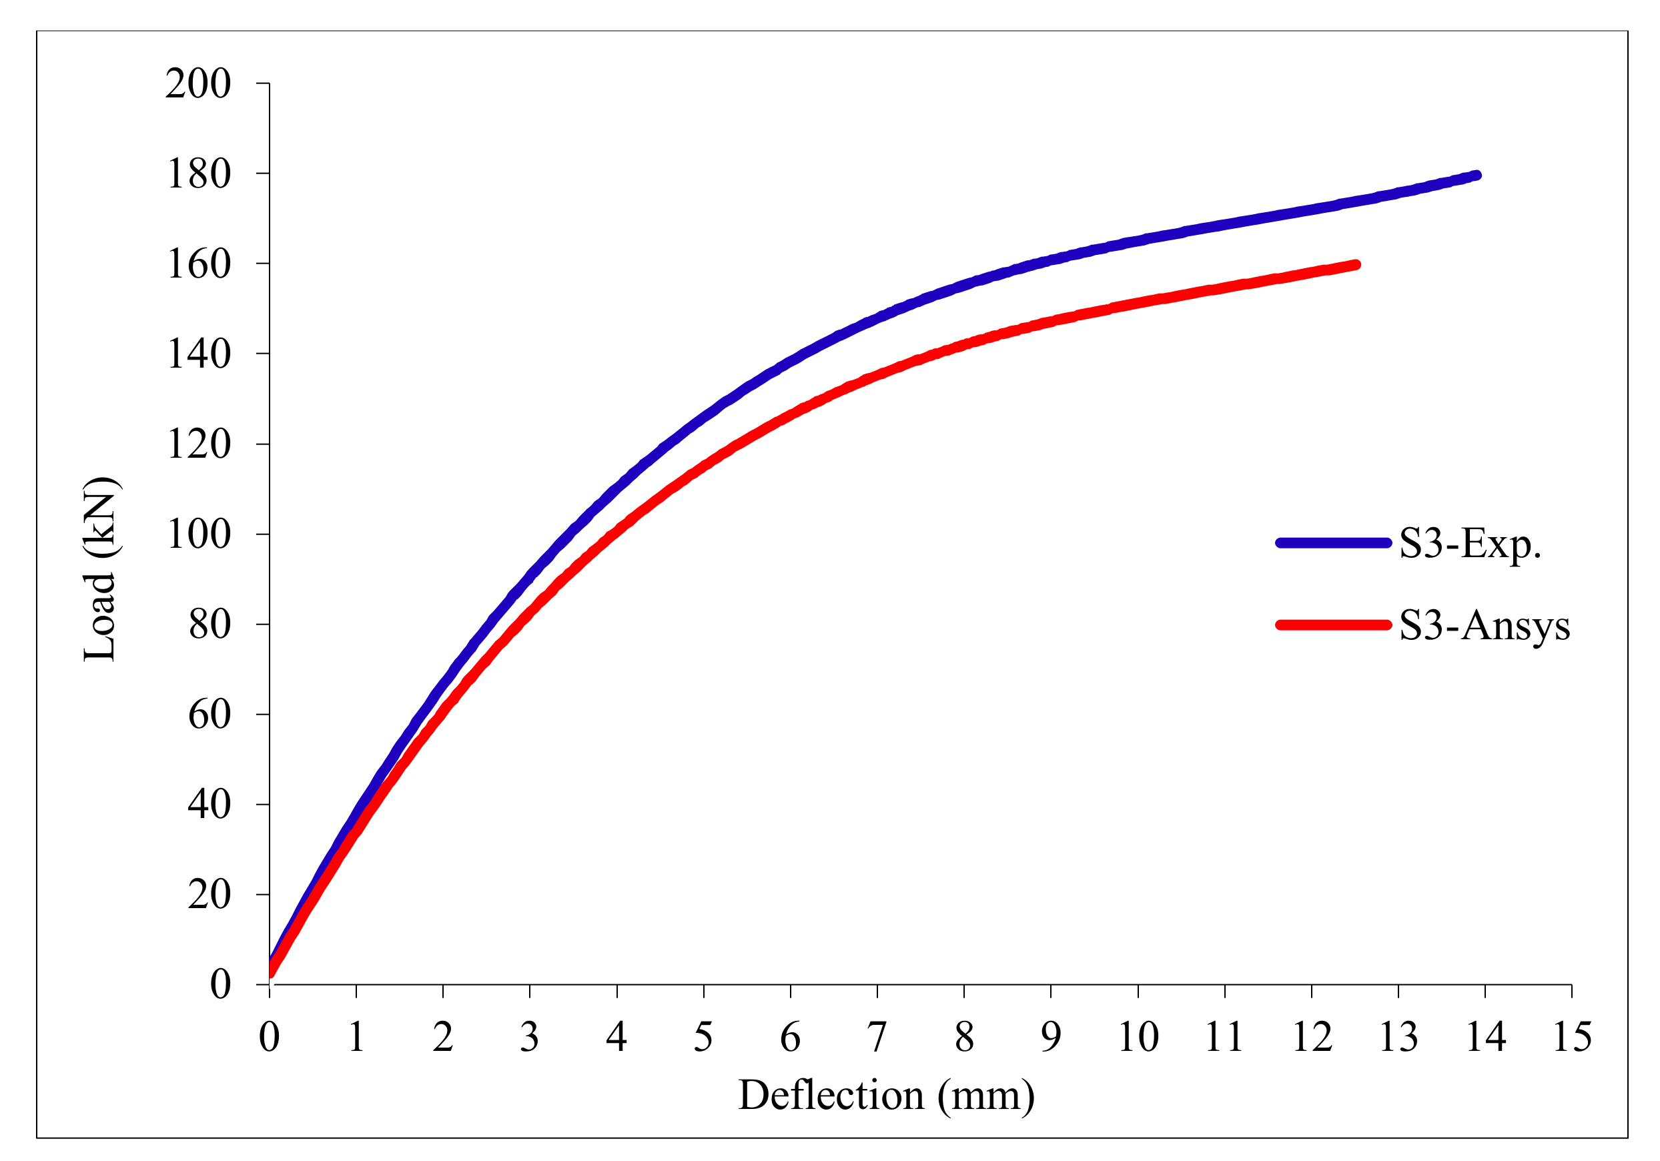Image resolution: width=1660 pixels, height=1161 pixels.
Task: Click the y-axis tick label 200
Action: (198, 84)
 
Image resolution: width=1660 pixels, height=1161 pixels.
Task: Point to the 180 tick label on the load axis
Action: (199, 174)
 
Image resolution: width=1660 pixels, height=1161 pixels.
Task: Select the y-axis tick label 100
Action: (199, 534)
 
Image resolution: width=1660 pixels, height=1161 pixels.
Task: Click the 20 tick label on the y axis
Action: (209, 894)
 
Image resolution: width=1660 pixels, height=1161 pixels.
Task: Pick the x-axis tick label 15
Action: (1572, 1038)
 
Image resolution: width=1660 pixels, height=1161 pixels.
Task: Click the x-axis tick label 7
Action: (876, 1038)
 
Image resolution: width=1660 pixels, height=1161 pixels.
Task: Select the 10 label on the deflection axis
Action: (1138, 1038)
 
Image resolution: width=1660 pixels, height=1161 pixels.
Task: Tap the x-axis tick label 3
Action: (529, 1038)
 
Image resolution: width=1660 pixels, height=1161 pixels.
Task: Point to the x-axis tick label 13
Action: (1398, 1038)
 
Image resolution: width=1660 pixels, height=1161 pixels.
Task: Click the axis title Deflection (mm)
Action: (887, 1094)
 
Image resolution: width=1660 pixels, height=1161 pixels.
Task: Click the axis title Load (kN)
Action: (100, 570)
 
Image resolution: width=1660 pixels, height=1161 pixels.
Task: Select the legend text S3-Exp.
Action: (1471, 544)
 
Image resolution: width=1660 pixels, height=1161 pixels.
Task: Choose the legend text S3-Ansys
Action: (1485, 625)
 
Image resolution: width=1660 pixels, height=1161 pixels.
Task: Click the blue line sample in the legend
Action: (1333, 543)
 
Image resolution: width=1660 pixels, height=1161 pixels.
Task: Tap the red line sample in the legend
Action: (1333, 625)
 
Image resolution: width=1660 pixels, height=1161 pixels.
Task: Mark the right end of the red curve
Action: (1356, 265)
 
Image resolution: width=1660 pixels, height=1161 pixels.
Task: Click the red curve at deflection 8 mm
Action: (963, 346)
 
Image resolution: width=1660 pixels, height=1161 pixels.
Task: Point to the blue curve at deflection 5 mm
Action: (703, 418)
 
